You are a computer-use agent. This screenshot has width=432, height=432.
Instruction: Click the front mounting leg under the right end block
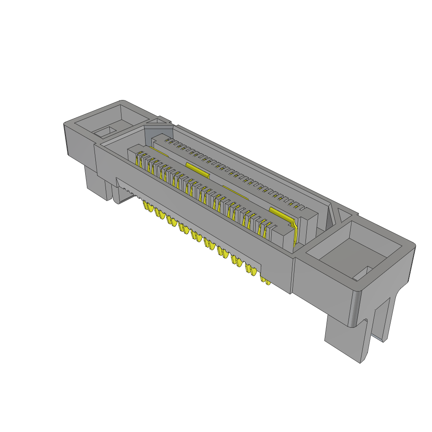point(344,337)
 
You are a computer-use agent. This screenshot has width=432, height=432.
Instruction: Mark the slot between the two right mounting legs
point(371,333)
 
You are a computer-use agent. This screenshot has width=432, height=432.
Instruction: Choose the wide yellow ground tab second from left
point(197,170)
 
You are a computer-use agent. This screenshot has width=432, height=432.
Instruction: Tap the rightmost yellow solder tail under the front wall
point(266,281)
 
